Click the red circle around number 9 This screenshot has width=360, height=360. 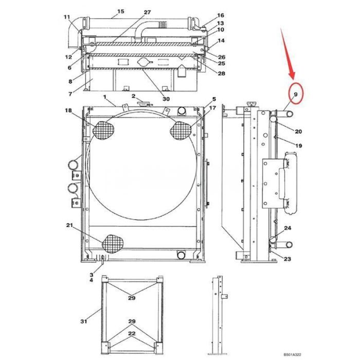click(296, 94)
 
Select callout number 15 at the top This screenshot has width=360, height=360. click(120, 11)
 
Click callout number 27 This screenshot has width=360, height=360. click(147, 12)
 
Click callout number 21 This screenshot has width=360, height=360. click(69, 225)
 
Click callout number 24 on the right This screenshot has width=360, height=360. click(287, 228)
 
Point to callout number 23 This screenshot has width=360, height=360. click(287, 259)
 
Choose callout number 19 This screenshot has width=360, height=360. click(298, 146)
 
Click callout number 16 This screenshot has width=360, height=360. click(220, 15)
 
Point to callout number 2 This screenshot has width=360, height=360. click(133, 96)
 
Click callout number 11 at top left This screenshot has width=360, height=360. click(66, 17)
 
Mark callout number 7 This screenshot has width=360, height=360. click(69, 94)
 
